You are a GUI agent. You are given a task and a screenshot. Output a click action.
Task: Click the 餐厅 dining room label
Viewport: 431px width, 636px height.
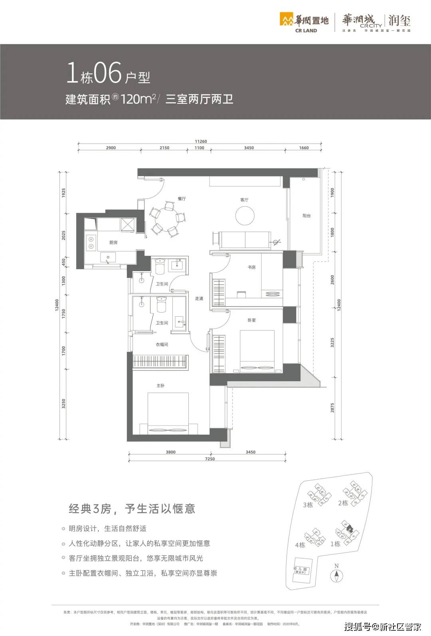182,198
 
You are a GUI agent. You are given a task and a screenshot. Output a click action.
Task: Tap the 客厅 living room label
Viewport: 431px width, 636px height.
244,200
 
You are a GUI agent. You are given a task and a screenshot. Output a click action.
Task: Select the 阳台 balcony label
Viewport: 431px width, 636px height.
306,216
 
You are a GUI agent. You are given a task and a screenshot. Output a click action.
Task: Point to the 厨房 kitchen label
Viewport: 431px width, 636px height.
113,242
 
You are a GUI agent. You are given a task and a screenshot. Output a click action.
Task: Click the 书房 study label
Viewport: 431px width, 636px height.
251,267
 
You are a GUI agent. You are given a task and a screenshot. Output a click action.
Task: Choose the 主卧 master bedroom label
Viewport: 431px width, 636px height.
160,385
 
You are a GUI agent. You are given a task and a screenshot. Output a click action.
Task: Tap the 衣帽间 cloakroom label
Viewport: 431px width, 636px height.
162,344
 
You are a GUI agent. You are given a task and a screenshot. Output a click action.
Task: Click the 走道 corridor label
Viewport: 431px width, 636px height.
199,298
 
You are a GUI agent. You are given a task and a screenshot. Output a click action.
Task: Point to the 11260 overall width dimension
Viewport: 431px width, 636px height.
201,141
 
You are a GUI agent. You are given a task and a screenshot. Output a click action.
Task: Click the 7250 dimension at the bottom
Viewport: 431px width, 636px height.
210,459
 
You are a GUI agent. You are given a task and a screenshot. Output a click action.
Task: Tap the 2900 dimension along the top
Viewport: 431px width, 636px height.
111,148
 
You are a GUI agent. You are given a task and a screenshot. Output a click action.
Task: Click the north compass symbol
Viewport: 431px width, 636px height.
336,575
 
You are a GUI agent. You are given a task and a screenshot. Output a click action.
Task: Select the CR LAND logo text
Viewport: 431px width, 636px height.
306,30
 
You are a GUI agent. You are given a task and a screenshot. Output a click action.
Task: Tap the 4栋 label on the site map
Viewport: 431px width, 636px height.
300,545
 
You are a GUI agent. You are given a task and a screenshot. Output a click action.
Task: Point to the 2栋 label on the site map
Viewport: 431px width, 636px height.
343,503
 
